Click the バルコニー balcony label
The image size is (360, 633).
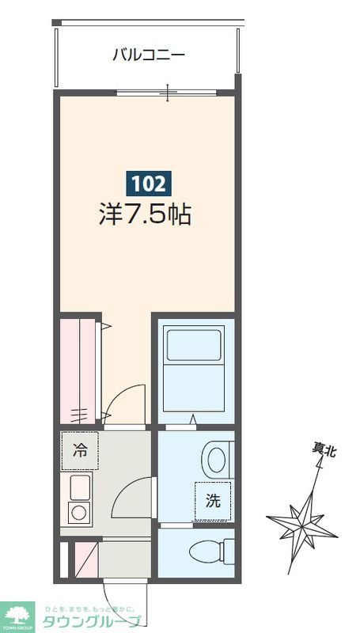click(x=148, y=55)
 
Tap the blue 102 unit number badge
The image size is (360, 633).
click(x=148, y=184)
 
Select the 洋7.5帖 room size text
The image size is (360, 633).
click(x=145, y=214)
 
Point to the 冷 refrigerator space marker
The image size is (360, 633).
click(x=81, y=450)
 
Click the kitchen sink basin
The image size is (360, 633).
click(x=80, y=485)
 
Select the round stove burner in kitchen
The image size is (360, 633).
click(x=79, y=512)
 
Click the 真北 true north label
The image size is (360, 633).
click(x=324, y=451)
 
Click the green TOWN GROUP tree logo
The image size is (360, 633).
click(x=17, y=614)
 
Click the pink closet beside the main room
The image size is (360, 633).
click(x=78, y=369)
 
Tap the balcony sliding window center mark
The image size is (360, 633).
click(x=168, y=93)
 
